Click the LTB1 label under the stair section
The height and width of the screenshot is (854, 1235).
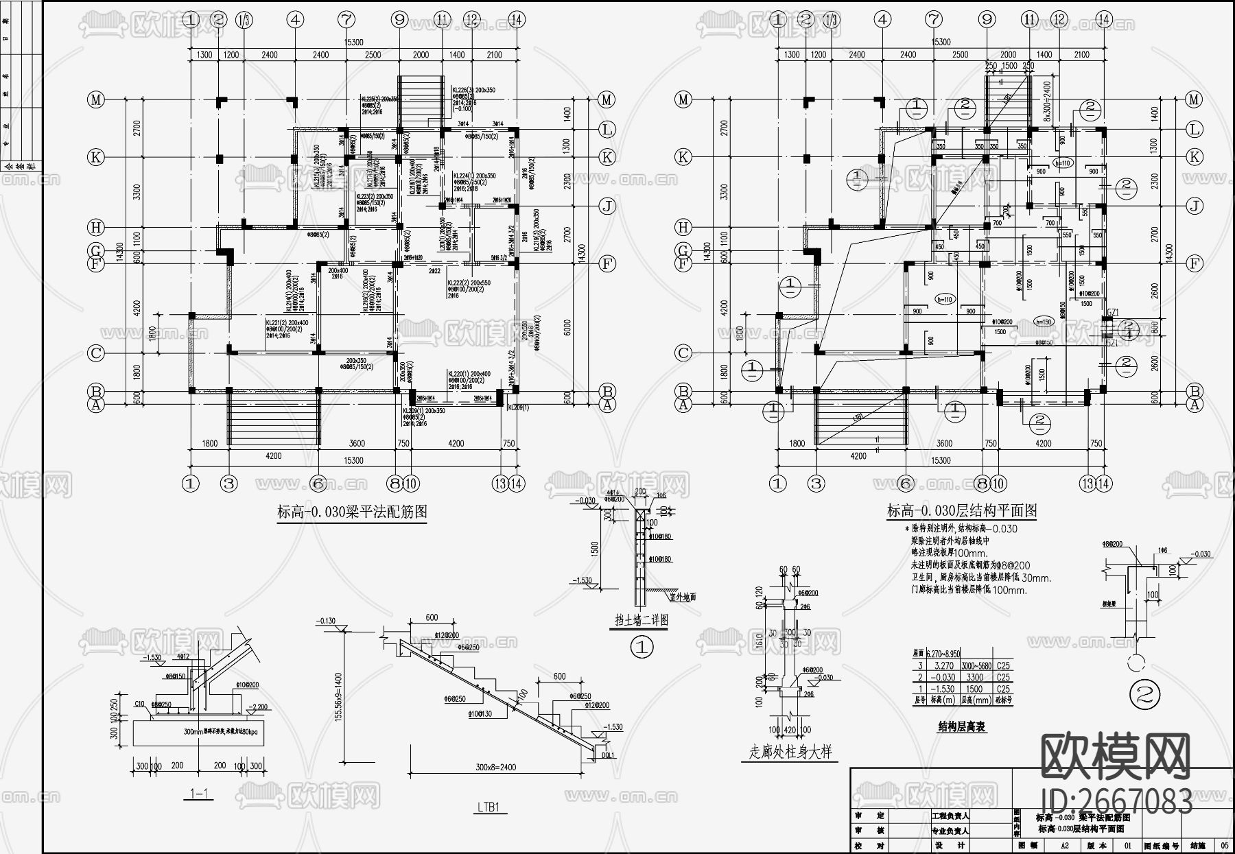(491, 807)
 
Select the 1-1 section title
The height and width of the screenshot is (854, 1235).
(198, 794)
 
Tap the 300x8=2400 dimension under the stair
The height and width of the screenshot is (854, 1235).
(495, 768)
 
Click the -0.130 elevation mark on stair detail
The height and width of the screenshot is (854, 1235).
(326, 621)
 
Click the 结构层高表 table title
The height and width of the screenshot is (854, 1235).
(961, 726)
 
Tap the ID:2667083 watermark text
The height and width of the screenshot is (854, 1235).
(1116, 801)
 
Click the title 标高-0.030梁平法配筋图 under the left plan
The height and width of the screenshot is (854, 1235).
(352, 512)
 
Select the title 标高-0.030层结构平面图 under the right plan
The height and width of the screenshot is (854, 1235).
(961, 511)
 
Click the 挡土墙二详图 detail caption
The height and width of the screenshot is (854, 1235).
(641, 620)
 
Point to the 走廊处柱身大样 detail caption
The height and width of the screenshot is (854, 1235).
(790, 752)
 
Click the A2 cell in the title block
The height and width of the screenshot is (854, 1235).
(1065, 846)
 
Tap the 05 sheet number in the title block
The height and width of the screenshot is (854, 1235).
(1225, 846)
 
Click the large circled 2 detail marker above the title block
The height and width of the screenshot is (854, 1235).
(1144, 696)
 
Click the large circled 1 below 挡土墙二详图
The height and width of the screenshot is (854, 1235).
(642, 646)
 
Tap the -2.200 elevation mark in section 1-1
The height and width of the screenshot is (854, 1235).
(259, 707)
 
